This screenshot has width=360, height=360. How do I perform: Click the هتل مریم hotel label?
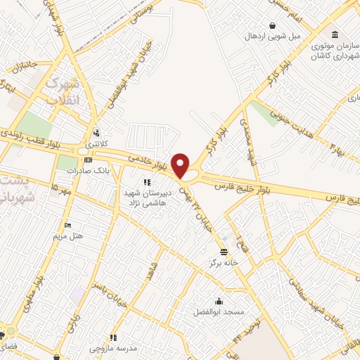tap(68, 236)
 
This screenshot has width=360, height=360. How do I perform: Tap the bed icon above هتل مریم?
tap(67, 225)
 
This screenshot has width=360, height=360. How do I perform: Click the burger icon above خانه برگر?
tap(224, 251)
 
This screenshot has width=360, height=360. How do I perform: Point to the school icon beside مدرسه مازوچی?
tap(113, 337)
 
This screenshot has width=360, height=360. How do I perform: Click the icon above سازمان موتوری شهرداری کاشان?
tap(335, 34)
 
